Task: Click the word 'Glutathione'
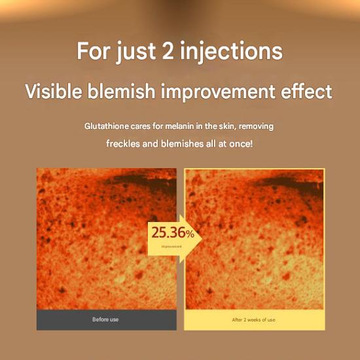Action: coord(107,125)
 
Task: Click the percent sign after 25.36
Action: coord(190,234)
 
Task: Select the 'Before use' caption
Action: coord(106,319)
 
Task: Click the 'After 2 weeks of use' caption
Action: coord(254,319)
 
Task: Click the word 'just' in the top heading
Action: coord(137,51)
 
